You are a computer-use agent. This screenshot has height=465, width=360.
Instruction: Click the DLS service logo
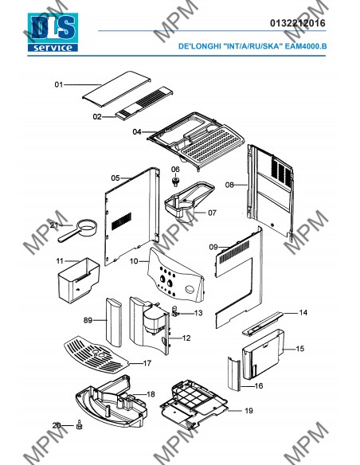53,33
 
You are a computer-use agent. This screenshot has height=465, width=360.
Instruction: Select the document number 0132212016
297,23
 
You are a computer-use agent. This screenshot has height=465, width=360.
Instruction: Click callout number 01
59,85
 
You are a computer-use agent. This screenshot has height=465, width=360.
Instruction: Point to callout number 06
175,170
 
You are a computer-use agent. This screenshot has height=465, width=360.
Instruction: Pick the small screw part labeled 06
176,182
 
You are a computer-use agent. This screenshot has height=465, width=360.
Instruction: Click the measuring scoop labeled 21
78,231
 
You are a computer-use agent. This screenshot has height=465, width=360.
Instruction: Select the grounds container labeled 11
79,280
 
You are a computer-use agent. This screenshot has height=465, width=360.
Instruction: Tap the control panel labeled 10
176,275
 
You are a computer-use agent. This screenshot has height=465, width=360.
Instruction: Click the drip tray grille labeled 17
96,354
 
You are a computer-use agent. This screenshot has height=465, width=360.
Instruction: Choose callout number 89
88,320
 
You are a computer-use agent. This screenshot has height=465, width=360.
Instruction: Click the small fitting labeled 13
175,311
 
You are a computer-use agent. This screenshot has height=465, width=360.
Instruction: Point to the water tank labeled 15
264,354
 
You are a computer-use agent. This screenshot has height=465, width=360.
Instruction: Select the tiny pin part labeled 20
79,424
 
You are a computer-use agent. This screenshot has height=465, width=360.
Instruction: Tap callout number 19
248,411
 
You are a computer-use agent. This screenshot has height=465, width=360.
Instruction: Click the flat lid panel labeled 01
116,88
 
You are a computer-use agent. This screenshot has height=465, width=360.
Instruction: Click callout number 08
229,185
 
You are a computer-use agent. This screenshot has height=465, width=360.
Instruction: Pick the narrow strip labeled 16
234,374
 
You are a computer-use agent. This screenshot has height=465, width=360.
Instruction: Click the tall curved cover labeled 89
114,322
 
